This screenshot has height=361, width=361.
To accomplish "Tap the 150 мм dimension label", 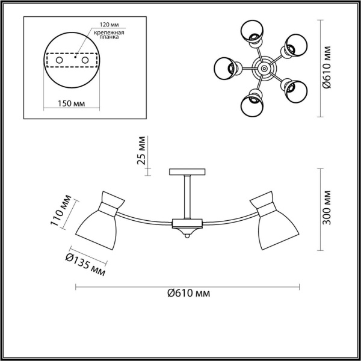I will [x=71, y=103].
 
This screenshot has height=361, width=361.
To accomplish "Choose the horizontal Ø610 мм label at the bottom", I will [x=188, y=294].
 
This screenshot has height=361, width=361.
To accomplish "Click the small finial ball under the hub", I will [x=187, y=237].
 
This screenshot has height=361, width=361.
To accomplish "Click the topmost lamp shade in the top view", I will [x=253, y=31].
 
